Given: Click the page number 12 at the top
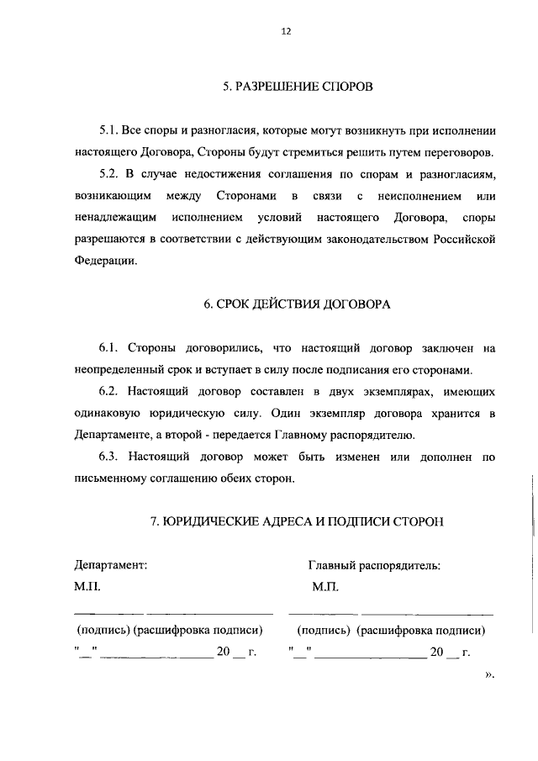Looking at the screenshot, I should (286, 31).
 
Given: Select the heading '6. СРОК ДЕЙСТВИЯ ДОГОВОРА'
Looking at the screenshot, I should (298, 304).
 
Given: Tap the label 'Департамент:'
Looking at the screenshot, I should (110, 566).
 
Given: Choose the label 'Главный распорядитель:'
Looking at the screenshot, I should (374, 566).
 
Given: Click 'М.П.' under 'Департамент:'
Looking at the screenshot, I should (87, 588).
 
